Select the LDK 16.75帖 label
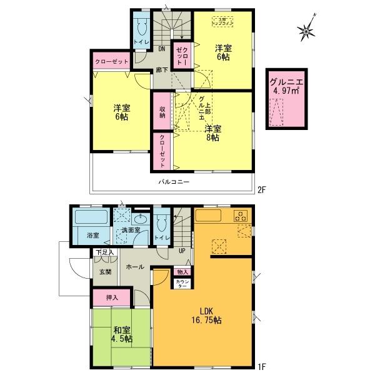(x=208, y=316)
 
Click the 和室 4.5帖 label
(x=122, y=334)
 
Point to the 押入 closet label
(x=104, y=297)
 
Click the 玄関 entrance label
(x=105, y=272)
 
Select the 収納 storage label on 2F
(x=162, y=111)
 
